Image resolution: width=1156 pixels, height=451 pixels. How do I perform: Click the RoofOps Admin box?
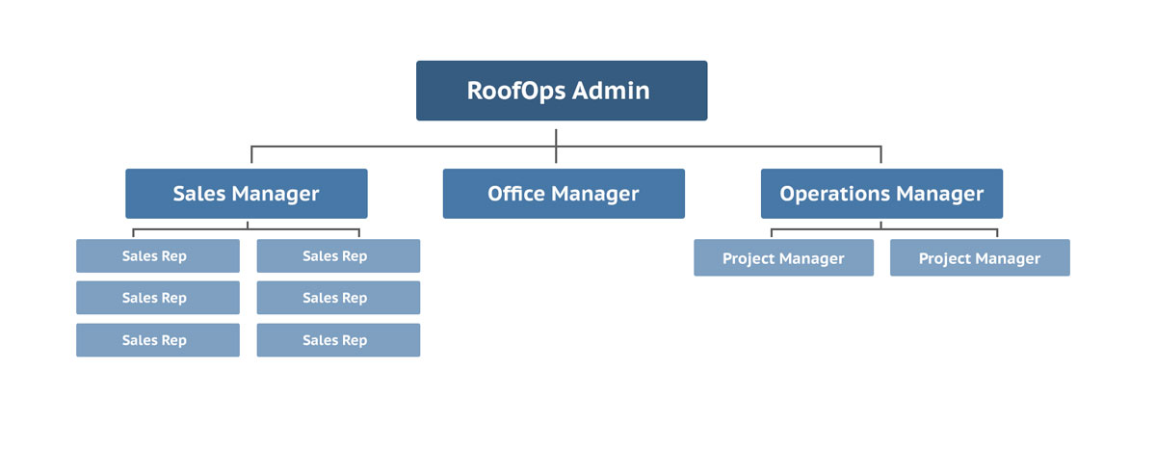tap(562, 91)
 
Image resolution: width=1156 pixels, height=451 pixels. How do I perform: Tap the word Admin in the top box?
tap(611, 91)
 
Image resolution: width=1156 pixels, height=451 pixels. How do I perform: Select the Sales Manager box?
tap(247, 194)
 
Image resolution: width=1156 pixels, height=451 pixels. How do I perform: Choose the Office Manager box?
tap(564, 194)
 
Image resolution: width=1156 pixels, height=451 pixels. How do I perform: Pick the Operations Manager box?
tap(882, 194)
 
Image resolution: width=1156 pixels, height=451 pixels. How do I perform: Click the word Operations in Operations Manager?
tap(835, 195)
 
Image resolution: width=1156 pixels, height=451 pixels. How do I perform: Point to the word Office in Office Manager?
tap(516, 194)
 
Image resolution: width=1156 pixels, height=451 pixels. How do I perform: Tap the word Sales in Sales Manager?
tap(199, 194)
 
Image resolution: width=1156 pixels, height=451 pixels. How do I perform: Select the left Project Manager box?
tap(783, 257)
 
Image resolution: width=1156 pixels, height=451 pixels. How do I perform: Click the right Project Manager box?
tap(980, 257)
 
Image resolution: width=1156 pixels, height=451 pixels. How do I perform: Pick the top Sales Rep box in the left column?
tap(158, 255)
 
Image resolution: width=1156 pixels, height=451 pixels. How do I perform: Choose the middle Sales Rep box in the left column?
tap(158, 298)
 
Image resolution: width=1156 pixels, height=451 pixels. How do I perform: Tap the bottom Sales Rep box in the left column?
tap(158, 340)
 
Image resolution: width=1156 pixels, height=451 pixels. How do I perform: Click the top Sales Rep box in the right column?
tap(338, 255)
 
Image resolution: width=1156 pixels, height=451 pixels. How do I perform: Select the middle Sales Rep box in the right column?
tap(338, 298)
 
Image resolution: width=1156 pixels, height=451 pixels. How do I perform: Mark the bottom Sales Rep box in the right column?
tap(338, 340)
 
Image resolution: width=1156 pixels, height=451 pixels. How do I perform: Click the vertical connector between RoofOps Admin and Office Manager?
tap(556, 146)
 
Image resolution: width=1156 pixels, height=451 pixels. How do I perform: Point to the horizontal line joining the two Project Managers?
tap(884, 229)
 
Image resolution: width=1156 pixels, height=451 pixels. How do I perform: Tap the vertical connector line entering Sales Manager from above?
tap(251, 154)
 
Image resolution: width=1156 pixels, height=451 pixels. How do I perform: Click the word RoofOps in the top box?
tap(516, 92)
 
